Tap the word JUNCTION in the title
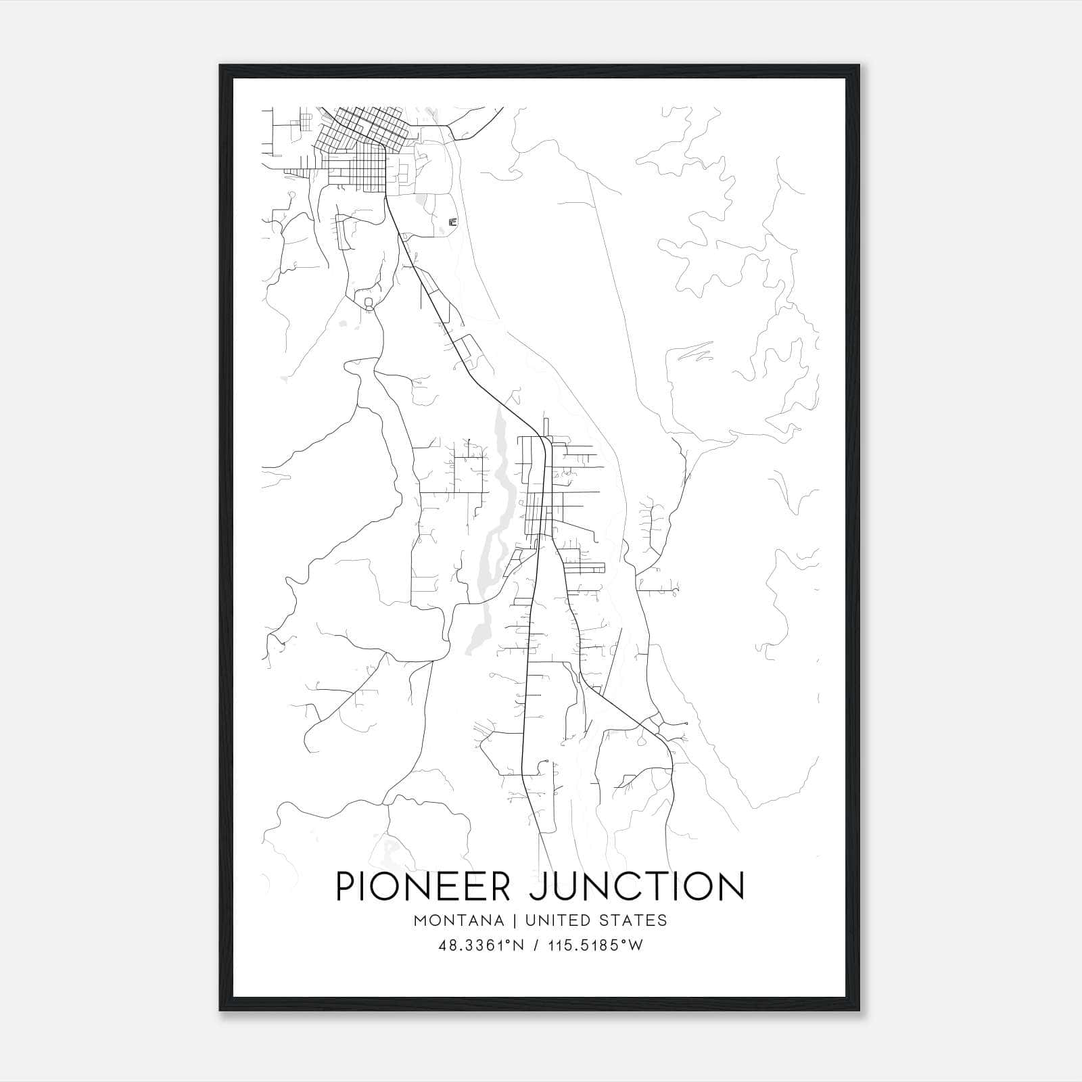pos(636,886)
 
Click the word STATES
pos(636,920)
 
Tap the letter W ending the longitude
pos(636,945)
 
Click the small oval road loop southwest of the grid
pos(369,302)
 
